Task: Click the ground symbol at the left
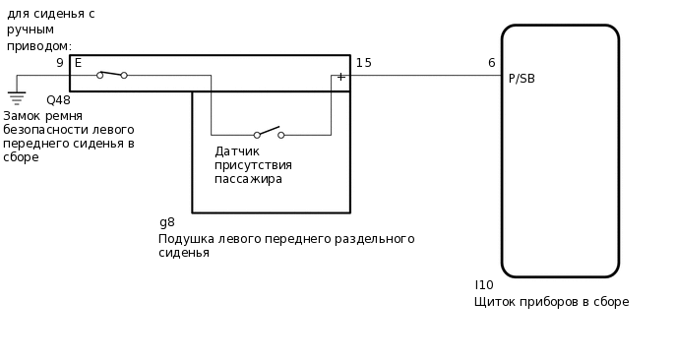(x=16, y=97)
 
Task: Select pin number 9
(x=59, y=63)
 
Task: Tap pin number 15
(x=363, y=63)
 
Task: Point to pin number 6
(x=491, y=63)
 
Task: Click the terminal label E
(x=78, y=63)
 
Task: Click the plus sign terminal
(x=340, y=77)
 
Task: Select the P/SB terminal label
(x=522, y=79)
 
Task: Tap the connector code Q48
(x=58, y=100)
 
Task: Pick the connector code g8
(x=166, y=222)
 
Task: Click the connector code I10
(x=484, y=285)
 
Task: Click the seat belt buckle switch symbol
(x=111, y=74)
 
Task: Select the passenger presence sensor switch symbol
(x=269, y=133)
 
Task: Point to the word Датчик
(x=237, y=151)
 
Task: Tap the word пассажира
(x=248, y=179)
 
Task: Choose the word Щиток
(x=495, y=302)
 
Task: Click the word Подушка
(x=186, y=239)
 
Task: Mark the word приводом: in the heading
(x=39, y=46)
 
